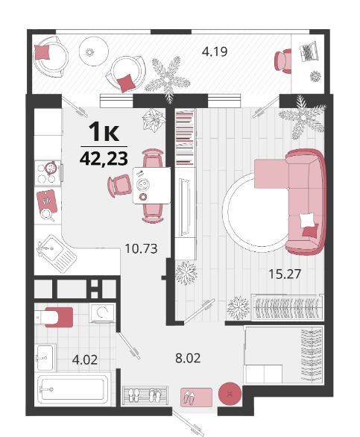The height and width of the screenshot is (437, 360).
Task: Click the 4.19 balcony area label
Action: click(215, 52)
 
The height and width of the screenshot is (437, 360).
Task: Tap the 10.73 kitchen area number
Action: click(142, 248)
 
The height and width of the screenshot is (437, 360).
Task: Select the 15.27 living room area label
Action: click(285, 274)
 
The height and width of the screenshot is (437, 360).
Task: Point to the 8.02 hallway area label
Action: click(188, 358)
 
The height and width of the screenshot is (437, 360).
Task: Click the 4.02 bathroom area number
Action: click(85, 359)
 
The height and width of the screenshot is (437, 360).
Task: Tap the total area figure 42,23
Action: click(104, 159)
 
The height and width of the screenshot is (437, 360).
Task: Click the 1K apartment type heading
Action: click(104, 132)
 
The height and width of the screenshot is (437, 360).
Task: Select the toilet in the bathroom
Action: click(54, 317)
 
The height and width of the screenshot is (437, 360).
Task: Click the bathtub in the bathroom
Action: click(72, 389)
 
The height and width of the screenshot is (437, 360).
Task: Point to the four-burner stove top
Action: click(48, 173)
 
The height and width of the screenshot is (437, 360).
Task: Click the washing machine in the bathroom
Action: click(103, 313)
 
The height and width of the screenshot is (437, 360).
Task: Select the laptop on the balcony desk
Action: click(309, 51)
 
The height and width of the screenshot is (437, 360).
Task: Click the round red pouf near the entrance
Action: click(230, 394)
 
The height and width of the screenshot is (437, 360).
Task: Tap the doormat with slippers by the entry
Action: click(196, 397)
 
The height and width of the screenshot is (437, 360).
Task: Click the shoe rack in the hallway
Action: click(145, 395)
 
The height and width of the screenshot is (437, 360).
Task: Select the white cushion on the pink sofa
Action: click(307, 220)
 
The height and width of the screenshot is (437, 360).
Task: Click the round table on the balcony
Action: click(93, 51)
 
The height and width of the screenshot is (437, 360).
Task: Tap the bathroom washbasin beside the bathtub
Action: click(45, 357)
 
